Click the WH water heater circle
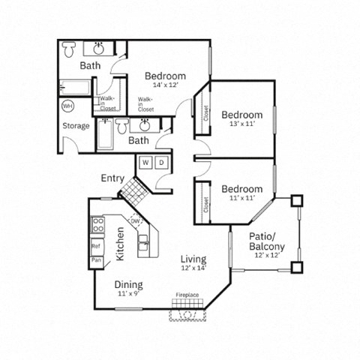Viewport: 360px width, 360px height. tap(67, 106)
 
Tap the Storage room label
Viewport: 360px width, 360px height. tap(76, 125)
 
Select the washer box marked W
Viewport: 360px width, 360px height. tap(145, 162)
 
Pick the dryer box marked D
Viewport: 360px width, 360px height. tap(161, 162)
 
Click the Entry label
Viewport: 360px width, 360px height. tap(112, 178)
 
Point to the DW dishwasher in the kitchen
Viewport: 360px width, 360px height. tap(135, 221)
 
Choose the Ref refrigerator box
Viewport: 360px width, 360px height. tap(97, 245)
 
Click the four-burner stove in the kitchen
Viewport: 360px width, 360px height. tap(97, 223)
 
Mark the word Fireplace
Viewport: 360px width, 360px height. tap(187, 295)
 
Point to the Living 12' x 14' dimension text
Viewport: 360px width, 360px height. tap(193, 268)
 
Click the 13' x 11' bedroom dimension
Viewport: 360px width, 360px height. tap(241, 124)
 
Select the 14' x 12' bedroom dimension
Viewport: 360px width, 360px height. tap(165, 85)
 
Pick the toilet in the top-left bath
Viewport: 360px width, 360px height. tap(69, 49)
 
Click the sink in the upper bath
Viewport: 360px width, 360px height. tap(99, 49)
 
